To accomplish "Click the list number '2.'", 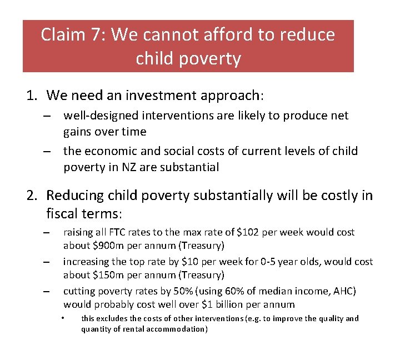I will [x=32, y=196].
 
